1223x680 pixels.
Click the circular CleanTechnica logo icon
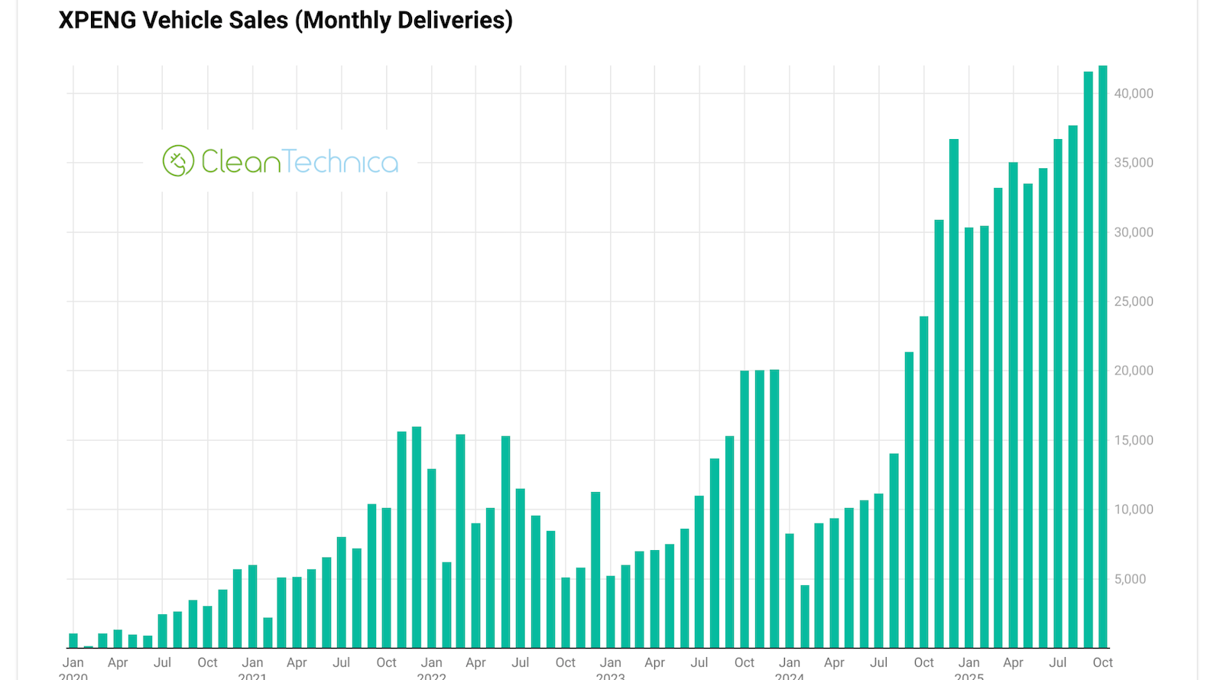click(178, 161)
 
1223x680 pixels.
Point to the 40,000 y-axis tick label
click(1134, 93)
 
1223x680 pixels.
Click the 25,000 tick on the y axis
click(1134, 301)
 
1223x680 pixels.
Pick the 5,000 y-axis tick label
click(1130, 579)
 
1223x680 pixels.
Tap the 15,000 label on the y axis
click(1134, 440)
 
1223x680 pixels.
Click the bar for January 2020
click(73, 641)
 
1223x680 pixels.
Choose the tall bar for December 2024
click(954, 393)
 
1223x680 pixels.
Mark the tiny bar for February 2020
click(88, 646)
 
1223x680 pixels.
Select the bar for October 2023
click(745, 510)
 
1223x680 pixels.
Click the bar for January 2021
click(252, 607)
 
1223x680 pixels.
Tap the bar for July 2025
click(1058, 393)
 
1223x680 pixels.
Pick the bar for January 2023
click(611, 612)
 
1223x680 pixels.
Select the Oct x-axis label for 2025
click(1102, 662)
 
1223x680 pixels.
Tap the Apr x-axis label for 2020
click(118, 662)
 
